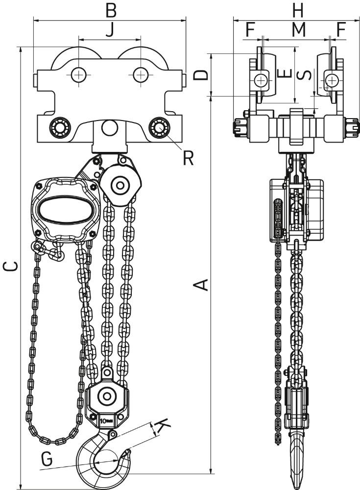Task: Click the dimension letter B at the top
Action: (111, 10)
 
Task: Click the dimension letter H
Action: (298, 10)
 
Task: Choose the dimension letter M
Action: (298, 30)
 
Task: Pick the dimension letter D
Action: (201, 74)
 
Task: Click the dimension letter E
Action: (285, 73)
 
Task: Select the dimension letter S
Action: (304, 75)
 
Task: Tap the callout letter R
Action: (188, 158)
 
